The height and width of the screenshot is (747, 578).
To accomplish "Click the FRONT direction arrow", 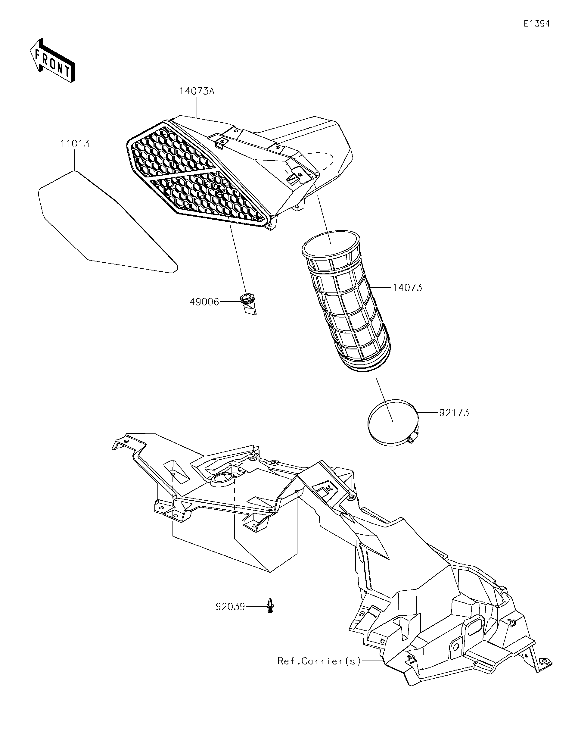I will [x=52, y=60].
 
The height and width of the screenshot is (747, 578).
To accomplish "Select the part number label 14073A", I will [x=197, y=91].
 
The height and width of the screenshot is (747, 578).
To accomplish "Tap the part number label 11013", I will [x=75, y=144].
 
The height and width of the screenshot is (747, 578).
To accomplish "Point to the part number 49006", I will [x=204, y=302].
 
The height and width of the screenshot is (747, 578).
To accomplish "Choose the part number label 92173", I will [x=454, y=413].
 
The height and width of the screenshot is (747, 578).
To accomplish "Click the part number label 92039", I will [x=230, y=607].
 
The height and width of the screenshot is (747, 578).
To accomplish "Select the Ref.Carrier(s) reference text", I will [x=319, y=661].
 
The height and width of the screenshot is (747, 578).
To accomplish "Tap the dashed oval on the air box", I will [x=309, y=164].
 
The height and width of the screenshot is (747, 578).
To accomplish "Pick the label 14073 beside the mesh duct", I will [x=407, y=288].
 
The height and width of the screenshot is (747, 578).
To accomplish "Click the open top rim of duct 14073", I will [x=331, y=243].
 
